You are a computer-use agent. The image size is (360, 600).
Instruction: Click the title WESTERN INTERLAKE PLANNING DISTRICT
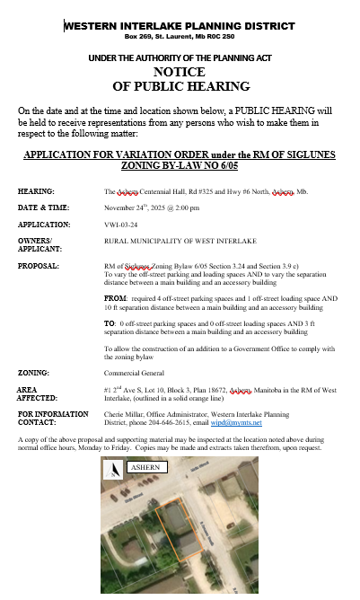click(180, 25)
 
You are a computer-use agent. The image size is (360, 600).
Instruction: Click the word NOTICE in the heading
click(180, 72)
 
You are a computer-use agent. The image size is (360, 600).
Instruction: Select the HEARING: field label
click(36, 192)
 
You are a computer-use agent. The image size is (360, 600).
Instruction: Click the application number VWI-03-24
click(121, 225)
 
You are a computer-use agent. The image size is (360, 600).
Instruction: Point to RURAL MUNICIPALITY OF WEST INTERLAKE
click(168, 241)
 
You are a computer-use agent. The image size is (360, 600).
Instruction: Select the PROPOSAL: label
click(39, 267)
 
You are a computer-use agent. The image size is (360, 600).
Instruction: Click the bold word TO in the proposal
click(110, 321)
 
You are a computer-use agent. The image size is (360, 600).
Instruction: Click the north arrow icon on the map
click(114, 470)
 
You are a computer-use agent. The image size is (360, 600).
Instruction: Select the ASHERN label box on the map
click(145, 469)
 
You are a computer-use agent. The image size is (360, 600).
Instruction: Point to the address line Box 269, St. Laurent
click(180, 38)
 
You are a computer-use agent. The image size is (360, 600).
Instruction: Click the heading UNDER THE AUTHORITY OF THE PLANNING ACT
click(180, 58)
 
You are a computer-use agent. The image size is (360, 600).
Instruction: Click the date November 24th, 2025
click(135, 207)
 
